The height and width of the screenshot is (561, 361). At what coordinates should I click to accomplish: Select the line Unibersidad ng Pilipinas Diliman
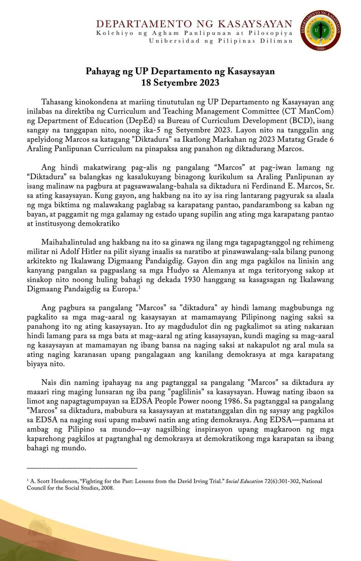[x=220, y=41]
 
